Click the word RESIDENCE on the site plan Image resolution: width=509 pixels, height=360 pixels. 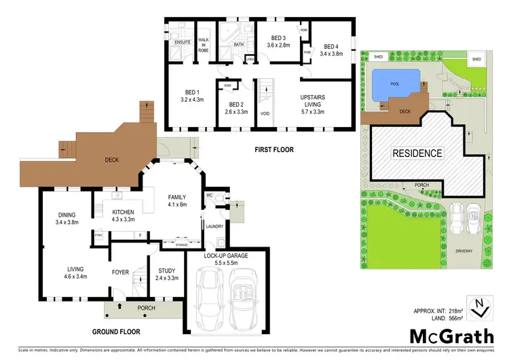(x=417, y=154)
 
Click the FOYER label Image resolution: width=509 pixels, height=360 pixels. (x=120, y=272)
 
